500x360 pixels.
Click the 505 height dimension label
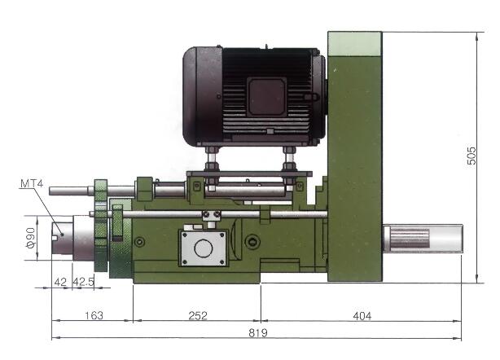pyautogui.click(x=471, y=156)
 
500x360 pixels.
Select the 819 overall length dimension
pyautogui.click(x=257, y=333)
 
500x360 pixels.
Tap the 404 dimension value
pyautogui.click(x=362, y=316)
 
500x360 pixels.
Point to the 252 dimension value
pyautogui.click(x=198, y=316)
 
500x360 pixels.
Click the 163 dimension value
pyautogui.click(x=94, y=315)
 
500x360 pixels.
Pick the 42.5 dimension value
pyautogui.click(x=84, y=282)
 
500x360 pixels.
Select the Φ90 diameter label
pyautogui.click(x=30, y=238)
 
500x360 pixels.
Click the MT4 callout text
pyautogui.click(x=31, y=184)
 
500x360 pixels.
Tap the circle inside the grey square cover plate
pyautogui.click(x=203, y=248)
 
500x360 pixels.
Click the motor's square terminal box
pyautogui.click(x=266, y=97)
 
